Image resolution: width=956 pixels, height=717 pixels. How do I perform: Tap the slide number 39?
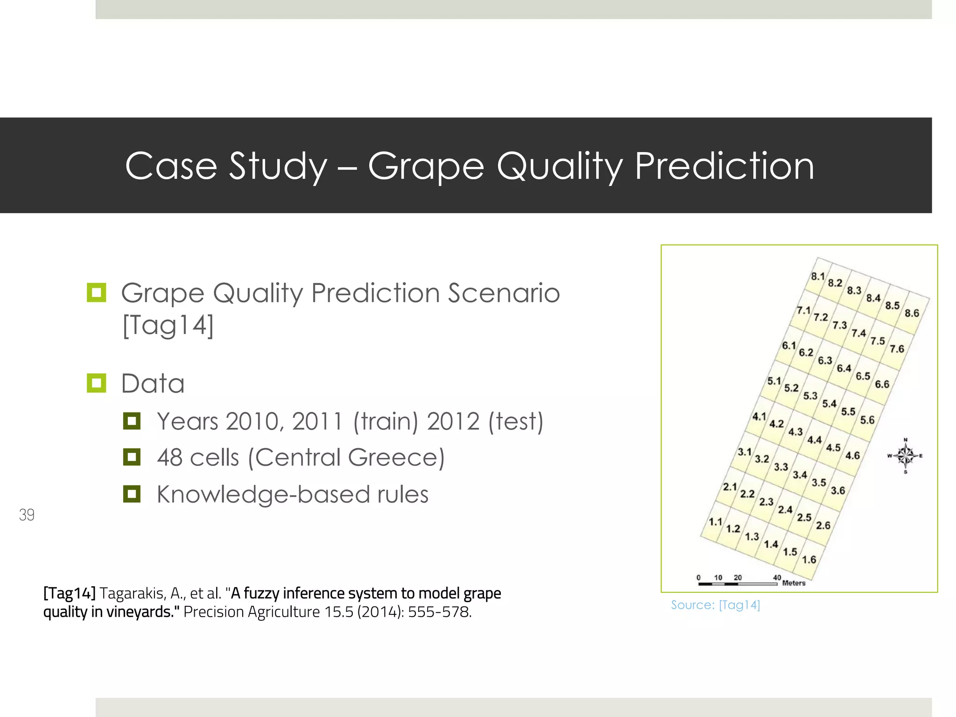[x=27, y=515]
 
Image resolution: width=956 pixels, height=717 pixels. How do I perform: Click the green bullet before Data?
[x=97, y=383]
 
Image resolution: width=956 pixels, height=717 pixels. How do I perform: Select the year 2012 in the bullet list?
[x=453, y=422]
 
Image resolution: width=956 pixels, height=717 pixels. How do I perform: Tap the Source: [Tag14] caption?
[x=715, y=605]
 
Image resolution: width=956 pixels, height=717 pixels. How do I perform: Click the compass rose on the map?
[x=905, y=456]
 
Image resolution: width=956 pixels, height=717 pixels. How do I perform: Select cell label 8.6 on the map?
[x=912, y=313]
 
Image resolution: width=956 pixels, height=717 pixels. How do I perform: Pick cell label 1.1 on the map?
[x=716, y=521]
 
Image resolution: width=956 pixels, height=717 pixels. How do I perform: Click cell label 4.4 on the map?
[x=815, y=440]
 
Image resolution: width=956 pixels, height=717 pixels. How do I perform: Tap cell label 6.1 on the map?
[x=789, y=345]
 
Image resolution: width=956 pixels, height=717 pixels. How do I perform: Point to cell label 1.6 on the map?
[x=809, y=559]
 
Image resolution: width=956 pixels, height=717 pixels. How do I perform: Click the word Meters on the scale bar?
[x=794, y=583]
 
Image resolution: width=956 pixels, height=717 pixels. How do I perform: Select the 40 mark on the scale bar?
[x=777, y=577]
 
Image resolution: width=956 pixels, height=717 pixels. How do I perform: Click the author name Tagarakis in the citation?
[x=132, y=593]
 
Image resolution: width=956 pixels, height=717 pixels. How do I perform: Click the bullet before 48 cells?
[x=132, y=457]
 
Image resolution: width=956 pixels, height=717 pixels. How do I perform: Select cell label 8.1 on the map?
[x=818, y=276]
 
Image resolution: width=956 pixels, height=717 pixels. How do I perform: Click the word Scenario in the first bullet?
[x=504, y=293]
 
